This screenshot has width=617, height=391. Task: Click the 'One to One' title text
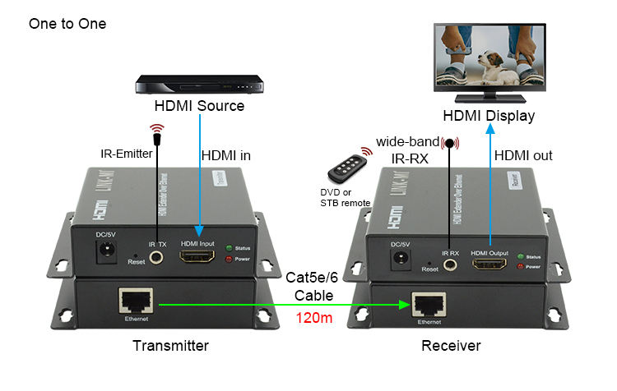click(x=67, y=24)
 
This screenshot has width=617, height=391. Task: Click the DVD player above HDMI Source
click(x=199, y=85)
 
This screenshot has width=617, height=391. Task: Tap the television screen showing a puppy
click(x=489, y=58)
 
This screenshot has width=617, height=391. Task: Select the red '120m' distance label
click(x=313, y=317)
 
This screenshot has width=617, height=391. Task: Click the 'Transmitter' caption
click(x=170, y=346)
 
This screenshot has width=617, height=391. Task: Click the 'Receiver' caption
click(x=451, y=346)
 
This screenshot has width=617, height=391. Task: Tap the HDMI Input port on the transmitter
click(x=198, y=258)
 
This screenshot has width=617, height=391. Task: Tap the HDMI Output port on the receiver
click(x=489, y=264)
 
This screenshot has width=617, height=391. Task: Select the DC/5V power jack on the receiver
click(x=401, y=260)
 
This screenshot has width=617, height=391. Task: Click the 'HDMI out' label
click(x=523, y=155)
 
